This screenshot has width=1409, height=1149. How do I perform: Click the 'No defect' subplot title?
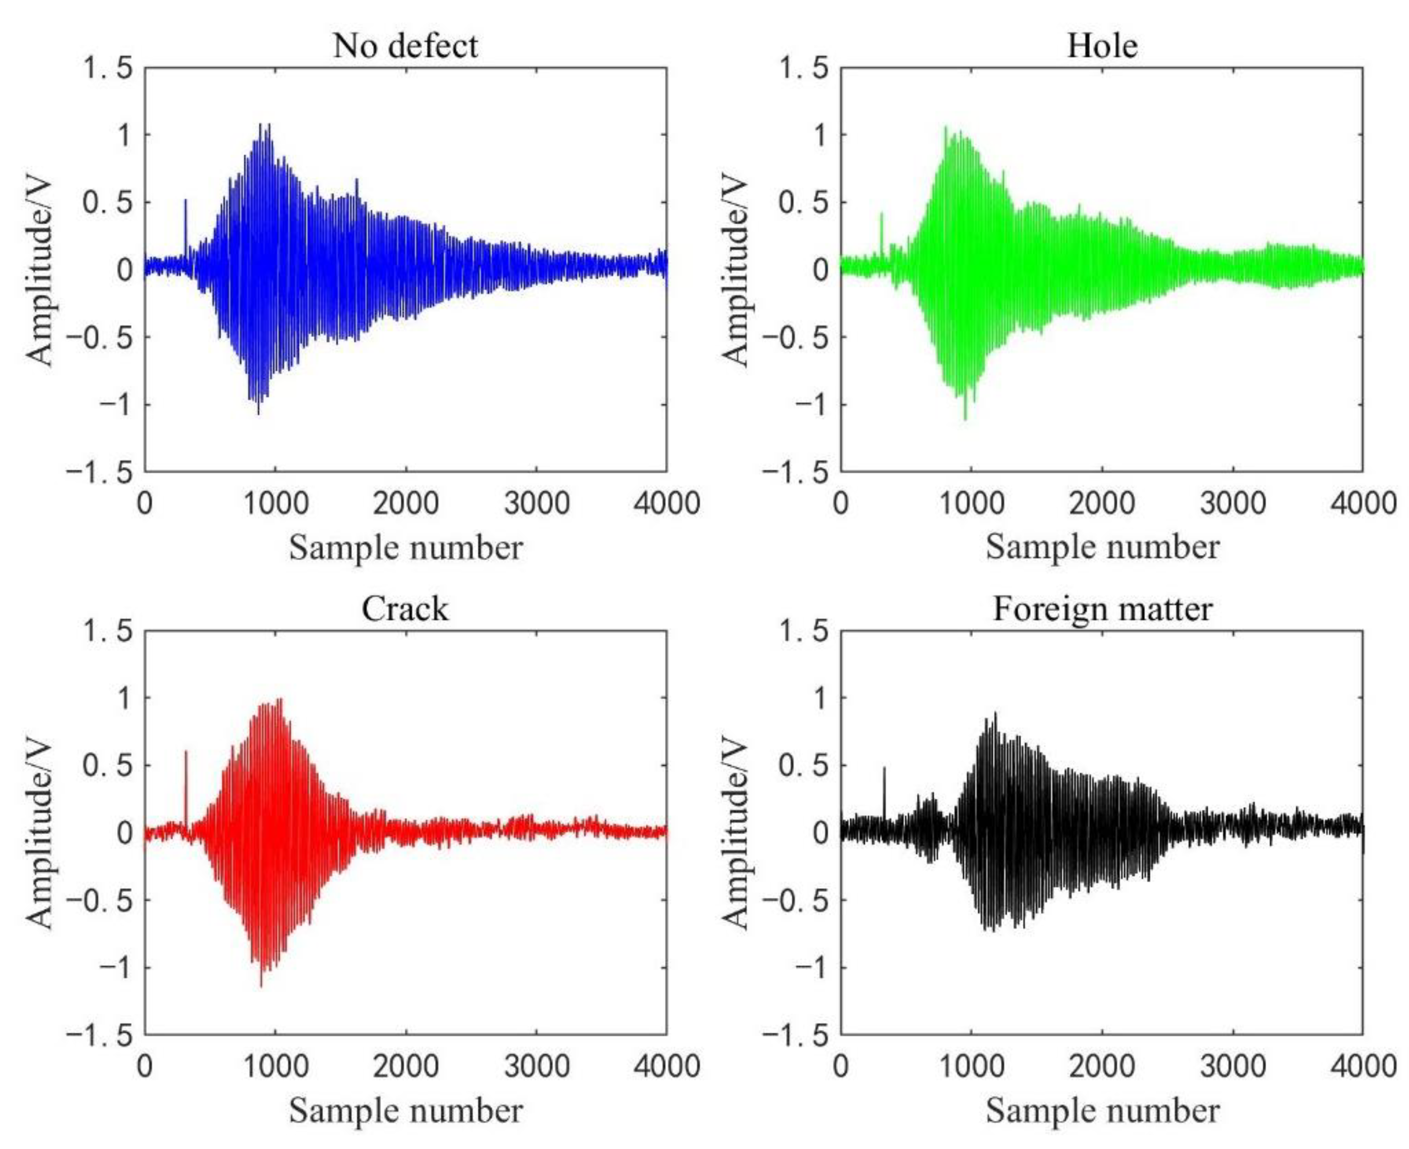point(405,46)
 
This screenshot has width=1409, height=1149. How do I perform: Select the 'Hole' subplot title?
point(1102,46)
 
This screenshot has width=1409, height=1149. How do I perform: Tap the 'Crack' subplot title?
point(405,608)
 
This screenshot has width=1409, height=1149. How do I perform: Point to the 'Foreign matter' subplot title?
point(1102,608)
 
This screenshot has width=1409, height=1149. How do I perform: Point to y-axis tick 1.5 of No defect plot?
point(105,68)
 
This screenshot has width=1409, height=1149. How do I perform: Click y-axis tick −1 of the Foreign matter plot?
point(811,968)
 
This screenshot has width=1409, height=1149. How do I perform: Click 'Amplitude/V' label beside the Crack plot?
point(40,833)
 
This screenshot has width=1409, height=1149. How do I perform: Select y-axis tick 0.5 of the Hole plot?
point(803,203)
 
